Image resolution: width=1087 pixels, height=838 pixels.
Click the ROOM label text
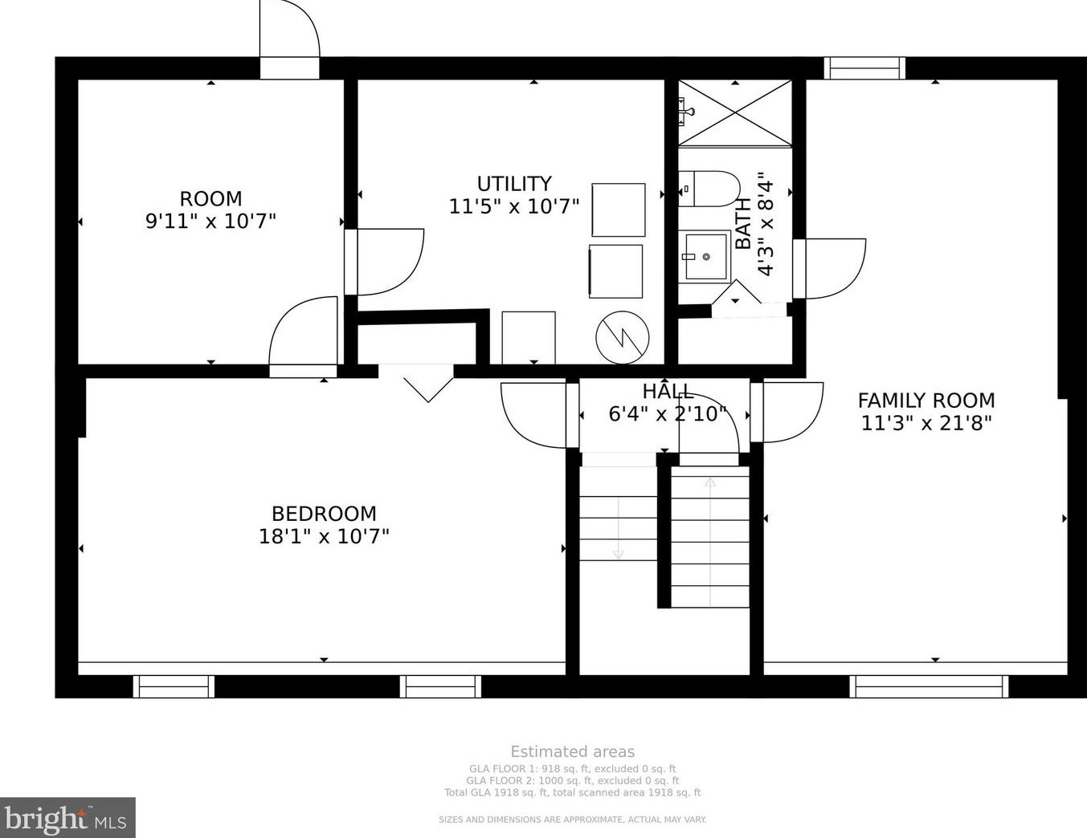coord(210,198)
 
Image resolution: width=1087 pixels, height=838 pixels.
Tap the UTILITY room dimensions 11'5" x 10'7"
coord(513,206)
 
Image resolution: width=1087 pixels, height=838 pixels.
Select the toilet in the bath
coord(710,189)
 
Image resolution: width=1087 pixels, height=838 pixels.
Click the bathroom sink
coord(705,256)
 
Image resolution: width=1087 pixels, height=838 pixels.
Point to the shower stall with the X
coord(735,113)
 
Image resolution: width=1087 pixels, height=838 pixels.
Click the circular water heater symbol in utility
coord(622,336)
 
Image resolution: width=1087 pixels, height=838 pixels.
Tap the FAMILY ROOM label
coord(926,400)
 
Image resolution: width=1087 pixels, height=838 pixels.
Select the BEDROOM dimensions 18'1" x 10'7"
coord(324,536)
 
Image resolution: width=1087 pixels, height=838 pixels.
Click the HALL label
coord(668,391)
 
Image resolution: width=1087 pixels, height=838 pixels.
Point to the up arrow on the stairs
coord(710,484)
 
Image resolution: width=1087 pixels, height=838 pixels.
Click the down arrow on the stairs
coord(618,552)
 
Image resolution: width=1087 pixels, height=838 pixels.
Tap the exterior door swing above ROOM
coord(290,36)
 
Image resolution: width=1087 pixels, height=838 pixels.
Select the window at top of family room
coord(864,68)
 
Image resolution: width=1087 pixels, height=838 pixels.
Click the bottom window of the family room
coord(929,686)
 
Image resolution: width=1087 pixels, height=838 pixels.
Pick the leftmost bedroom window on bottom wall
coord(174,686)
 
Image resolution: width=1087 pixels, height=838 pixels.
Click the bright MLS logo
coord(67,819)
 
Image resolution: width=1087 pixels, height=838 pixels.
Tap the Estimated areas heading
coord(572,752)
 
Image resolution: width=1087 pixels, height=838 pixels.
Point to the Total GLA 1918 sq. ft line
coord(572,792)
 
